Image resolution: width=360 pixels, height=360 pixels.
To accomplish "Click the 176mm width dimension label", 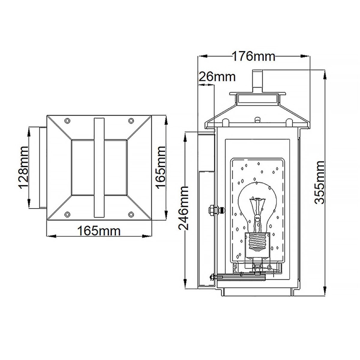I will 253,56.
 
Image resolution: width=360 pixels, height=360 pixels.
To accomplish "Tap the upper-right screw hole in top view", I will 131,121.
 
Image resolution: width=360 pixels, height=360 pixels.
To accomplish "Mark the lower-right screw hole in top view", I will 131,214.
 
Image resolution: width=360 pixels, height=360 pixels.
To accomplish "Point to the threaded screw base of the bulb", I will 258,243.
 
